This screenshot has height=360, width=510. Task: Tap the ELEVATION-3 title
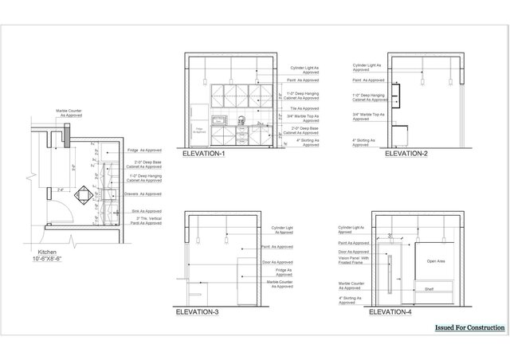[198, 311]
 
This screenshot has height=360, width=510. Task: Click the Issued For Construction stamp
[470, 327]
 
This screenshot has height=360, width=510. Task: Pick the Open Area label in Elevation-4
[435, 261]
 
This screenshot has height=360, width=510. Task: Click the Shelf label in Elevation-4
[429, 289]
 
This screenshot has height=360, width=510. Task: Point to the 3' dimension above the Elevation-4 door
[391, 236]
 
